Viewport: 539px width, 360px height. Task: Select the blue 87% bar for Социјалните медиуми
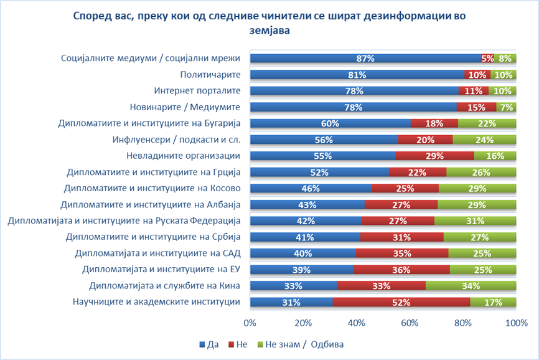pyautogui.click(x=365, y=58)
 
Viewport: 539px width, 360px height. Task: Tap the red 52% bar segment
pyautogui.click(x=401, y=302)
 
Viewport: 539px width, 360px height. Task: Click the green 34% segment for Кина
pyautogui.click(x=471, y=286)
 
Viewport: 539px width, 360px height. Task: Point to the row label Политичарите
pyautogui.click(x=210, y=74)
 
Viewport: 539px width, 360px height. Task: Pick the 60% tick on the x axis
pyautogui.click(x=410, y=323)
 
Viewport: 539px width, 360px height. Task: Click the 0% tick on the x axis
pyautogui.click(x=250, y=323)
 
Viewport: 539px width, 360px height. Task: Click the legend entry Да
pyautogui.click(x=210, y=344)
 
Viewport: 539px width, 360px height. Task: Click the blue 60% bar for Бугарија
pyautogui.click(x=330, y=123)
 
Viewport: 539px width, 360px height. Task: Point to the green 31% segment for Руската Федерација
pyautogui.click(x=476, y=220)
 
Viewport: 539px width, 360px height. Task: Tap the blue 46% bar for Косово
pyautogui.click(x=311, y=188)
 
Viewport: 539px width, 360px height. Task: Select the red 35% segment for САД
pyautogui.click(x=402, y=253)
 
